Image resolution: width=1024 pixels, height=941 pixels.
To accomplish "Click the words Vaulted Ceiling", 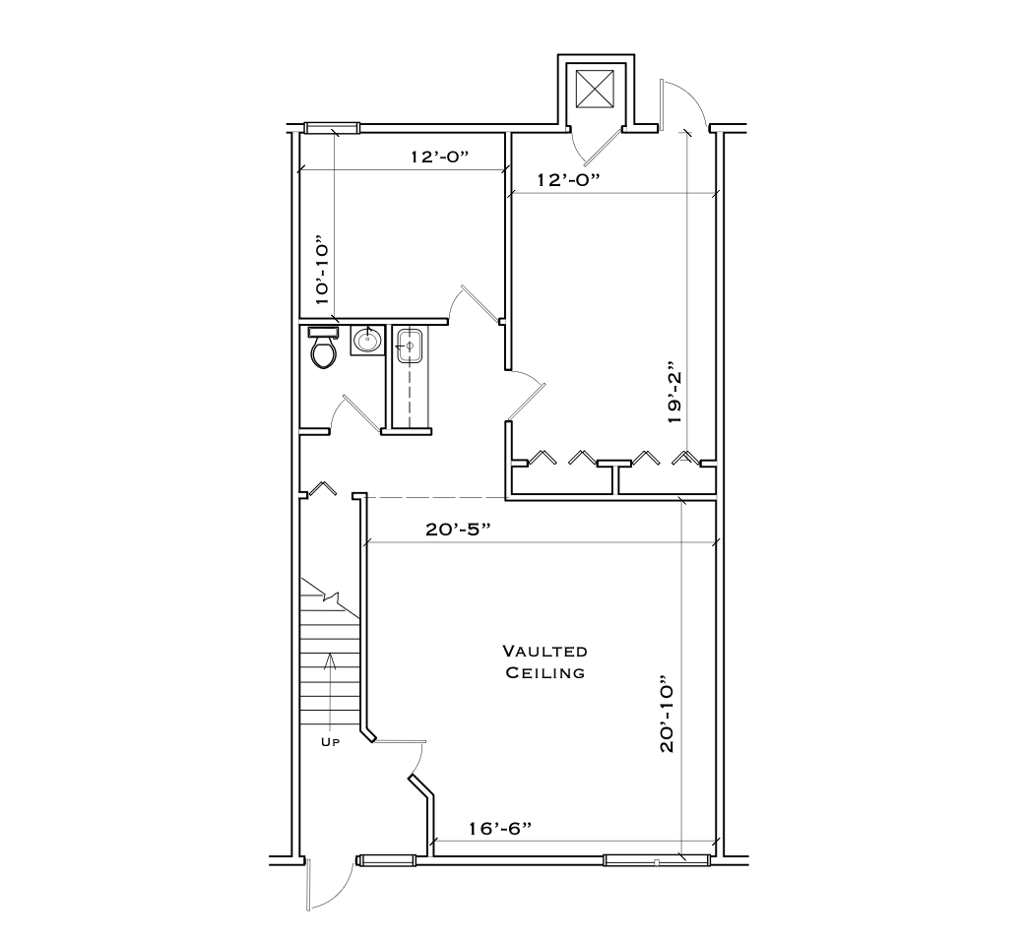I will pyautogui.click(x=544, y=661).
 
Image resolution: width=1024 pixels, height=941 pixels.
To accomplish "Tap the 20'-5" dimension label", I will pyautogui.click(x=458, y=530).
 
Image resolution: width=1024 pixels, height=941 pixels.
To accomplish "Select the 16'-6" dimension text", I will pyautogui.click(x=500, y=829).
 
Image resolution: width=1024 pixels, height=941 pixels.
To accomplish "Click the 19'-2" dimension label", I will pyautogui.click(x=673, y=391).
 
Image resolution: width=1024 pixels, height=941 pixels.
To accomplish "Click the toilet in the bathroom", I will pyautogui.click(x=323, y=348).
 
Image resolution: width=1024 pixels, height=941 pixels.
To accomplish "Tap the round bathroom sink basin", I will pyautogui.click(x=366, y=341).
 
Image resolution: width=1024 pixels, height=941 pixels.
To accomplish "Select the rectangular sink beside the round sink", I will pyautogui.click(x=409, y=347).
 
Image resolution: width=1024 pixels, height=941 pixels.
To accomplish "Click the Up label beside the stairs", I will pyautogui.click(x=330, y=742).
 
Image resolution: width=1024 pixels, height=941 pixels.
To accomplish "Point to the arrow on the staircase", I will pyautogui.click(x=330, y=679).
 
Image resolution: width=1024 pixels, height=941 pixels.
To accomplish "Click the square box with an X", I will pyautogui.click(x=595, y=90).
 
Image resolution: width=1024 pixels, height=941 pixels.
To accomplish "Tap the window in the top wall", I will pyautogui.click(x=331, y=127).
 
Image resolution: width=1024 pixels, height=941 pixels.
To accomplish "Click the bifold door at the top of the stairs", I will pyautogui.click(x=324, y=489).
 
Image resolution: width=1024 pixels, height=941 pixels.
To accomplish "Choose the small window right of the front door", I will pyautogui.click(x=386, y=860).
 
